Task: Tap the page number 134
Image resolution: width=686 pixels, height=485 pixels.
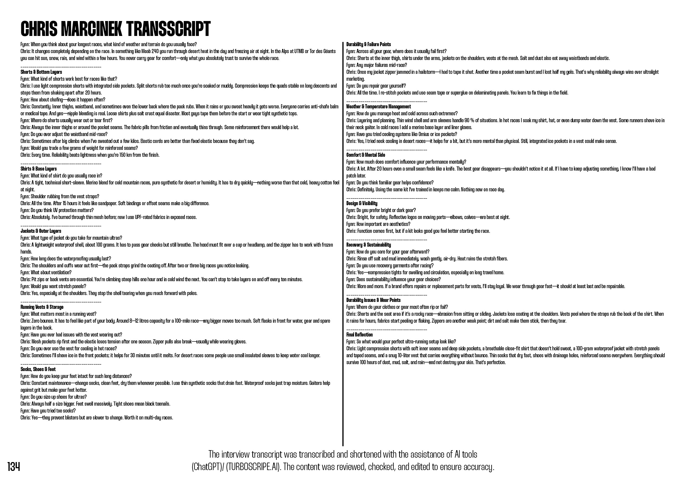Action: [14, 466]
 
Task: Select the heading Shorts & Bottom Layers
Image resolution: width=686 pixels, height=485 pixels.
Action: [41, 72]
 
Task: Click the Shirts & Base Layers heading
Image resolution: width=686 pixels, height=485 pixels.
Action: [38, 169]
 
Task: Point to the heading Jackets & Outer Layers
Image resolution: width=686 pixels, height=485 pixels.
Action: [41, 231]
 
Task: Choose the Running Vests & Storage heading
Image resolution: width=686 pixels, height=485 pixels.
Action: [42, 307]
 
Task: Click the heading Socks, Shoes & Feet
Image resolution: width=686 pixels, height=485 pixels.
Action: [38, 369]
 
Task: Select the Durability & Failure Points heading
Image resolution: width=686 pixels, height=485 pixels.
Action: [368, 44]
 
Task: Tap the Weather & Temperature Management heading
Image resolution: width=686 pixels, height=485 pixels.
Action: [378, 107]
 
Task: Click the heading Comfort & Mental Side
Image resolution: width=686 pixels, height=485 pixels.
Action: [365, 155]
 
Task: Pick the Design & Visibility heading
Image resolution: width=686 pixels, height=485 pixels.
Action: [362, 204]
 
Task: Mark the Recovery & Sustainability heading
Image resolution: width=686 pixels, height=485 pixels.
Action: [368, 245]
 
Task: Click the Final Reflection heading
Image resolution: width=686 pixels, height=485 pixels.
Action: [359, 335]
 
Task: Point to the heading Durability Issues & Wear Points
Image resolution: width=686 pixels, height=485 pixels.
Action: [373, 300]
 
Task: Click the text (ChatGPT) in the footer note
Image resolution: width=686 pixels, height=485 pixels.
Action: [206, 467]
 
